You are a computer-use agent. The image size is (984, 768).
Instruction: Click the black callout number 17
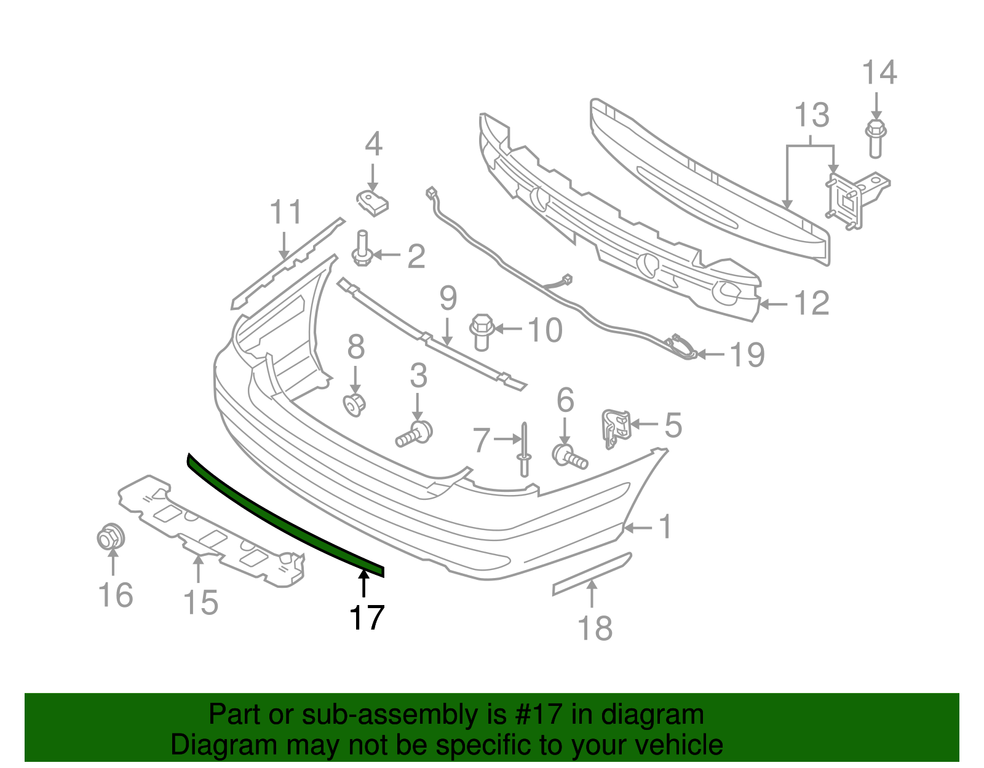[367, 617]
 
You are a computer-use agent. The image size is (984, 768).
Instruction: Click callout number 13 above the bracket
[812, 115]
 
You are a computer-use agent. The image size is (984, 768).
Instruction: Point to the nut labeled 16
[111, 537]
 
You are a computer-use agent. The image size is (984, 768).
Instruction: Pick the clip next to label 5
[616, 426]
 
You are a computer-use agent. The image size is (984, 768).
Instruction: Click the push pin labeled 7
[524, 450]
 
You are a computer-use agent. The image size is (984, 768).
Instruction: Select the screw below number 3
[415, 433]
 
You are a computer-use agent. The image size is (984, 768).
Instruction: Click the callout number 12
[812, 303]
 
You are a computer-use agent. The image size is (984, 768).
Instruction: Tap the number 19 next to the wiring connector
[747, 355]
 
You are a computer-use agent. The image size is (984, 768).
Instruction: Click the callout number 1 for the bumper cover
[665, 527]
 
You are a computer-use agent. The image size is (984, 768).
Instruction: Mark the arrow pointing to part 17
[364, 584]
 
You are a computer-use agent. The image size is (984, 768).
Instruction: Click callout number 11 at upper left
[286, 212]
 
